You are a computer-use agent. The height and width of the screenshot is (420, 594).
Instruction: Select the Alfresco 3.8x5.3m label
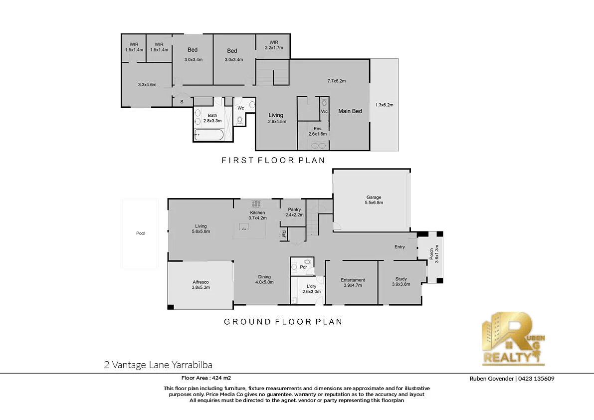coord(201,284)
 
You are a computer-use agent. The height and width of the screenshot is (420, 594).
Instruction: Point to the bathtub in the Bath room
coord(208,134)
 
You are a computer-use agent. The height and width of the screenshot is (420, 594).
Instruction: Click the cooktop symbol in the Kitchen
coord(256,203)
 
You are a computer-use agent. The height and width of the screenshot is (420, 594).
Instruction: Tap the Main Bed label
coord(350,111)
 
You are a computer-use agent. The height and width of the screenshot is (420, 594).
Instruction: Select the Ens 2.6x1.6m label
coord(317,131)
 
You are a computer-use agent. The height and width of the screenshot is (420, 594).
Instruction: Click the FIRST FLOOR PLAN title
coord(273,160)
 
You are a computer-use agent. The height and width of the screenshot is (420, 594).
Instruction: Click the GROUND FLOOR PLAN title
coord(283,322)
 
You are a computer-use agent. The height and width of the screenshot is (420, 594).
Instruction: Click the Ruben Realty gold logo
coord(513,338)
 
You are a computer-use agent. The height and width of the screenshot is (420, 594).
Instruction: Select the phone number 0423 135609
coord(536,379)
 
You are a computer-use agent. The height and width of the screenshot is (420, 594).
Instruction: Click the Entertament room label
coord(353,283)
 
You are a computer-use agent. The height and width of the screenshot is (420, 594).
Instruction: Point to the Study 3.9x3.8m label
coord(401,282)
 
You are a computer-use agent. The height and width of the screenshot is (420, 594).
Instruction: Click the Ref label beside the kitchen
coord(283,233)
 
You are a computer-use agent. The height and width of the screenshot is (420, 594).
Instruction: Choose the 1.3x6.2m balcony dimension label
coord(384,105)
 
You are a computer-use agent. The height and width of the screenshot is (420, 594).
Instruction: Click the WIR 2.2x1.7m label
coord(273,45)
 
